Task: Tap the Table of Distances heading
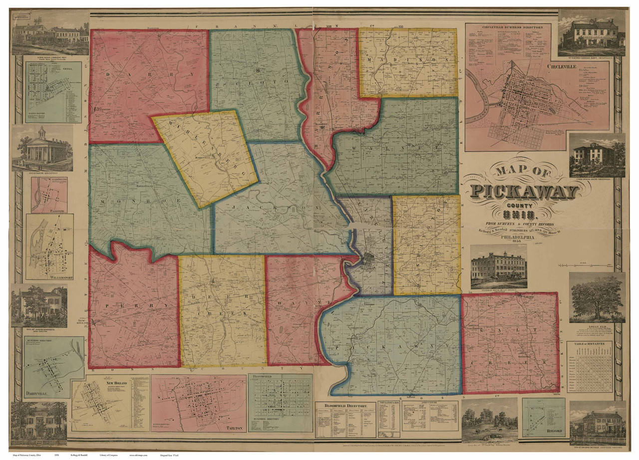[590, 344]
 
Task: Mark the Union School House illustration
[597, 155]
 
